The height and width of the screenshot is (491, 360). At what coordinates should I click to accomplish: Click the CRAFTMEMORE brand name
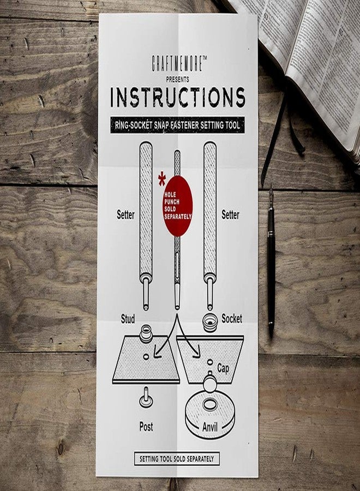click(x=179, y=63)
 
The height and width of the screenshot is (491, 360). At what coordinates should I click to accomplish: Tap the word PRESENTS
click(x=177, y=80)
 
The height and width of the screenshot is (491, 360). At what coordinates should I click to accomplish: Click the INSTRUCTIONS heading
click(x=177, y=98)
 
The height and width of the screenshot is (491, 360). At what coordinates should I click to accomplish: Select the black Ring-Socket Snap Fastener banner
click(x=177, y=125)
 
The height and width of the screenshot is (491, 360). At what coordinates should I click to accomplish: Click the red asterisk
click(x=162, y=179)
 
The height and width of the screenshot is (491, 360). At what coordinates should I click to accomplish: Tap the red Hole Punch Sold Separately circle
click(x=177, y=206)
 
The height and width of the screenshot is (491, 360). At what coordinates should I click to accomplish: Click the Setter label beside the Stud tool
click(x=125, y=215)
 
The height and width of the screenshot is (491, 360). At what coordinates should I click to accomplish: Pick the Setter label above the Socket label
click(x=230, y=215)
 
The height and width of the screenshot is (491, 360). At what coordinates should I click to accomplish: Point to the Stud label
click(x=128, y=319)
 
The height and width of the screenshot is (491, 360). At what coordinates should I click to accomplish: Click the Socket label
click(x=232, y=319)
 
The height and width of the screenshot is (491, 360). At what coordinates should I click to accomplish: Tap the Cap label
click(x=223, y=369)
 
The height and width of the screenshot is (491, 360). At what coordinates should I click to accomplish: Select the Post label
click(x=146, y=427)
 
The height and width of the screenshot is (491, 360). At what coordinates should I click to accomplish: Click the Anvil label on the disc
click(x=210, y=427)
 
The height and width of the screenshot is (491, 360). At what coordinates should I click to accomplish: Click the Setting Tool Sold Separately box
click(x=177, y=459)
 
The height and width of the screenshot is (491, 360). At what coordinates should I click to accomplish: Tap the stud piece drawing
click(x=146, y=333)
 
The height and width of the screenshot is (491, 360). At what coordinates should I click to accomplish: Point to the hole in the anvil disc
click(x=210, y=405)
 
